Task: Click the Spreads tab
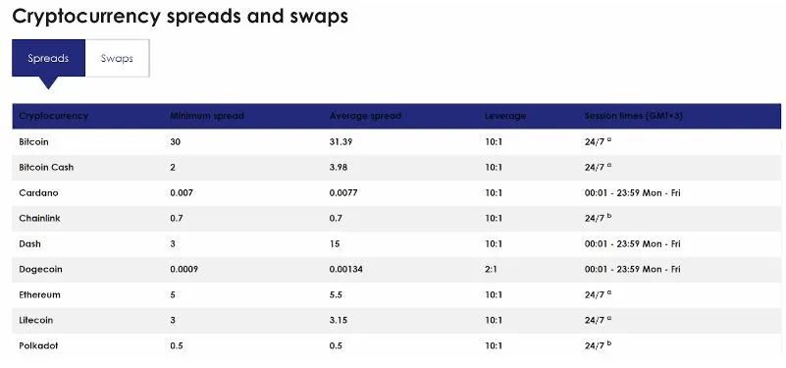[48, 58]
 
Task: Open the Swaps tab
[117, 58]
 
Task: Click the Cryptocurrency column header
[53, 116]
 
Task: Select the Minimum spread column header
[206, 116]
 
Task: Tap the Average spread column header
[365, 116]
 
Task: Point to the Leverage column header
[505, 116]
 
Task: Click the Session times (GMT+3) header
[634, 116]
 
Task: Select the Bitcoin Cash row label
[46, 168]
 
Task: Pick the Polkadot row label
[38, 346]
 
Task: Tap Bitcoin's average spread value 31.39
[341, 142]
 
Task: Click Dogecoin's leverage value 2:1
[491, 269]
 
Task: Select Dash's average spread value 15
[335, 244]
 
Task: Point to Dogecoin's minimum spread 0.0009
[183, 269]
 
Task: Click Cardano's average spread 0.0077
[343, 193]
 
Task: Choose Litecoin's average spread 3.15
[339, 320]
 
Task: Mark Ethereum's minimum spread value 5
[173, 294]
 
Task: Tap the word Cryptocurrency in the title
[85, 17]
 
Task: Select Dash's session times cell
[633, 244]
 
